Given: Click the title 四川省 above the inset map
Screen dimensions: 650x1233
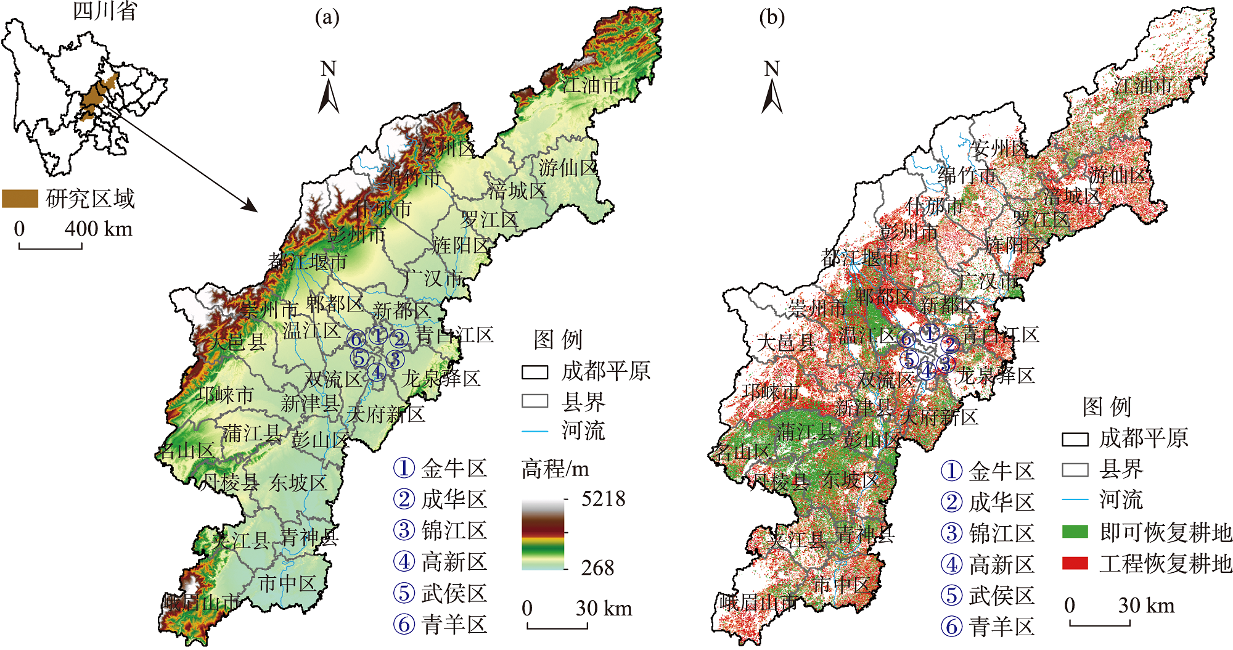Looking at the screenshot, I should pyautogui.click(x=104, y=11).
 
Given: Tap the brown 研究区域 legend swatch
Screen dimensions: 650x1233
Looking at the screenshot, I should pyautogui.click(x=20, y=199).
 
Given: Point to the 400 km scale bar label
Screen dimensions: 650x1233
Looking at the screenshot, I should pyautogui.click(x=99, y=229).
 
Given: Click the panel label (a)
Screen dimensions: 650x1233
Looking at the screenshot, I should pyautogui.click(x=327, y=17).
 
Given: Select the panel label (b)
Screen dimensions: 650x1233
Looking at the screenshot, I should pyautogui.click(x=772, y=17).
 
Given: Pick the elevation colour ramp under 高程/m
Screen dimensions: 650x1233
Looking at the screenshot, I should pyautogui.click(x=543, y=534).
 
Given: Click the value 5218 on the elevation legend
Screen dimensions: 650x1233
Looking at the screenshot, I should pyautogui.click(x=603, y=499).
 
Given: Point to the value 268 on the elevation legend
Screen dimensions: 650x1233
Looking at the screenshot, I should pyautogui.click(x=597, y=568).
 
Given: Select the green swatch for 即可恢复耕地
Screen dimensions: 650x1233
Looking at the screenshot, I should pyautogui.click(x=1075, y=532).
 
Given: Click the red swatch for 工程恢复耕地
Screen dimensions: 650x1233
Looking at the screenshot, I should pyautogui.click(x=1075, y=563).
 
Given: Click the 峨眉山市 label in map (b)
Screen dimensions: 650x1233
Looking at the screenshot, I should pyautogui.click(x=757, y=602).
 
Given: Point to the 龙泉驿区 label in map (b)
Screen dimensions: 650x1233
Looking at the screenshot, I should pyautogui.click(x=995, y=376).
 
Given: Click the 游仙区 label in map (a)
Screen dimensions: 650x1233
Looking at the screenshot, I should pyautogui.click(x=568, y=167).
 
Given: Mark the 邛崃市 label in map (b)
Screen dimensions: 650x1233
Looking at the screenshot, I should pyautogui.click(x=771, y=391).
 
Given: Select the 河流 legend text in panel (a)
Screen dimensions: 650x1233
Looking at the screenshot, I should pyautogui.click(x=583, y=430).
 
